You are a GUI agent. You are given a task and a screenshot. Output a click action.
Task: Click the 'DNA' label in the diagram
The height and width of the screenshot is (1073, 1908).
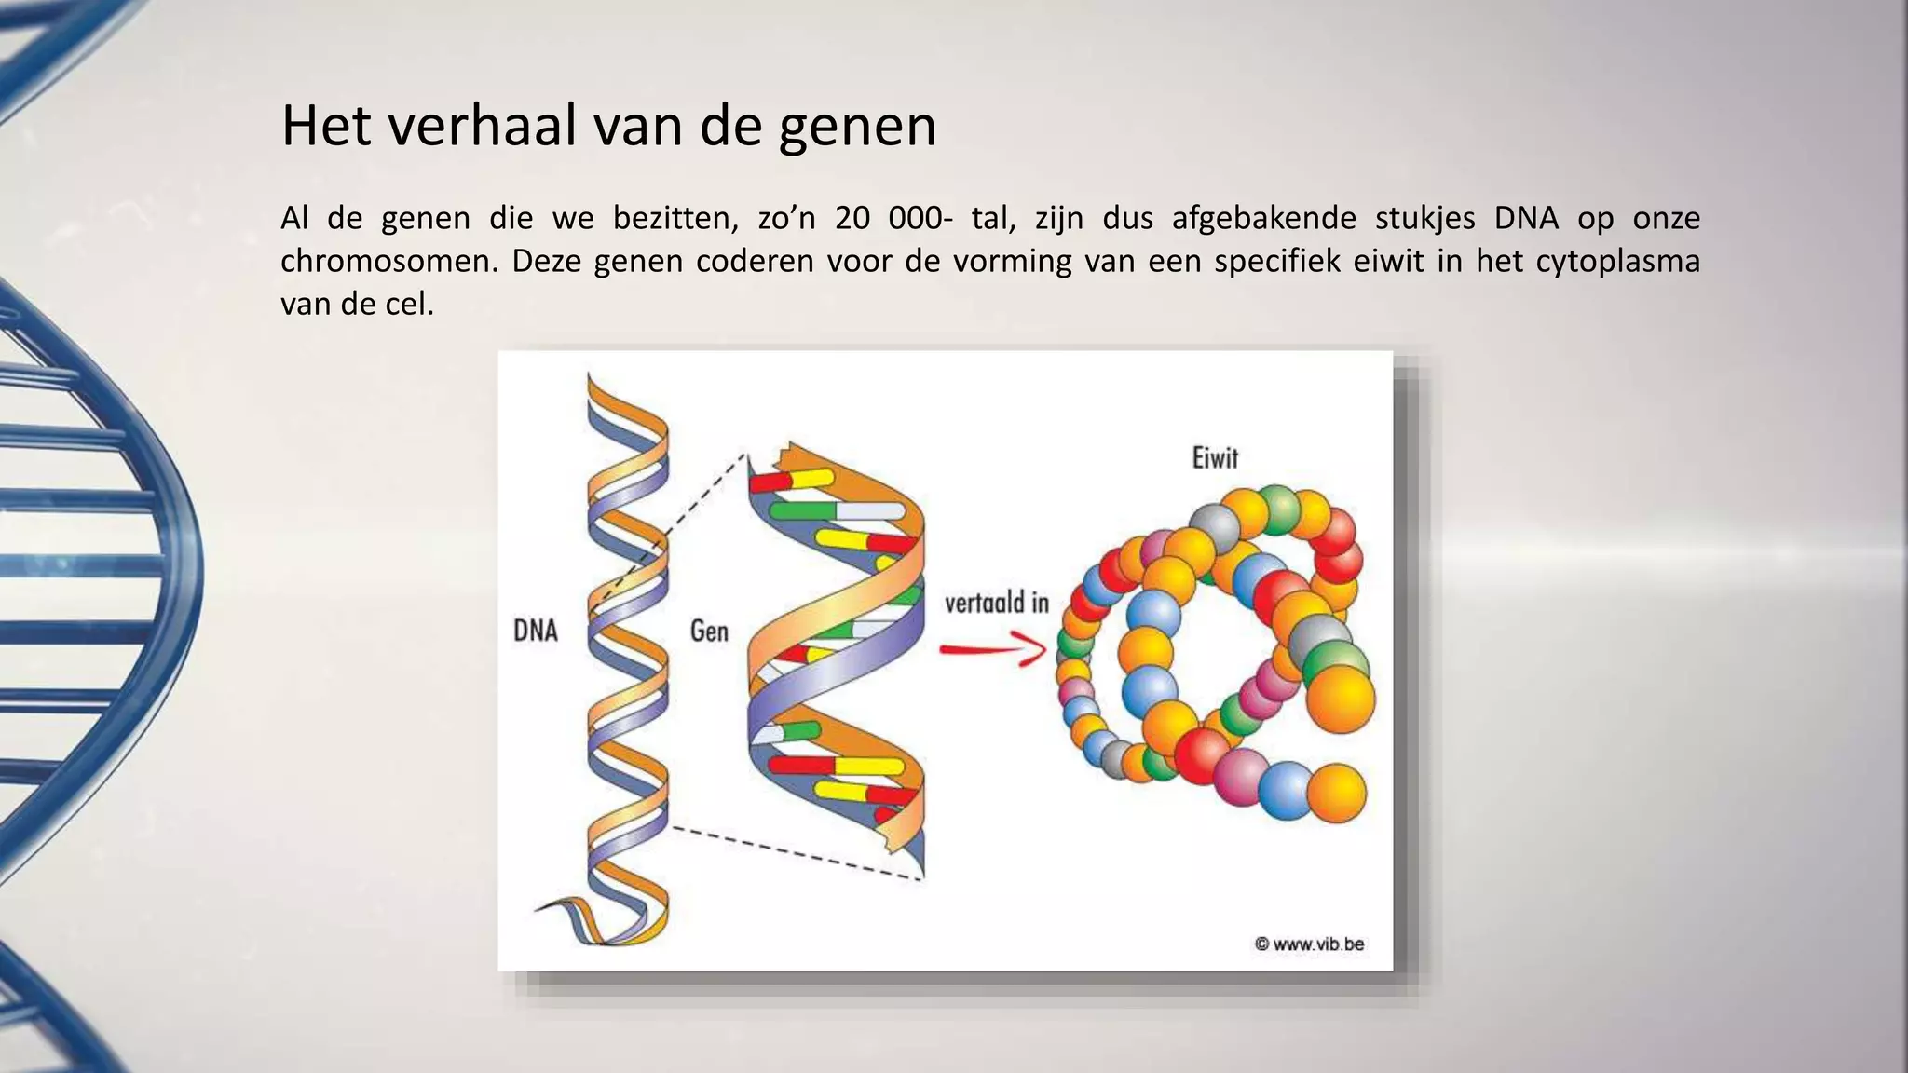(536, 631)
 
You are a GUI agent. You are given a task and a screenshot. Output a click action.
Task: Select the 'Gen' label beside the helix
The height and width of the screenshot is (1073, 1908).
(708, 631)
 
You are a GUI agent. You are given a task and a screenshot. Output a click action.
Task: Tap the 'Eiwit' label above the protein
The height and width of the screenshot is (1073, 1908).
(1215, 457)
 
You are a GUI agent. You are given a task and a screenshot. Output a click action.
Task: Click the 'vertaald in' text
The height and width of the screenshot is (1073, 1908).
(996, 603)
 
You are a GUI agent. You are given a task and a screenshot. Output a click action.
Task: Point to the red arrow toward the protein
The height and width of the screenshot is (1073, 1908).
(993, 648)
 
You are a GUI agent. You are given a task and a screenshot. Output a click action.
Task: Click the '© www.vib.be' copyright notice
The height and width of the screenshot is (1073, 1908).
(1309, 944)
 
